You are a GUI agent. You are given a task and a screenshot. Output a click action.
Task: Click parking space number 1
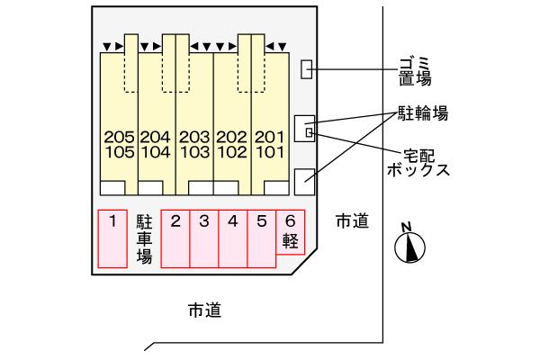112,238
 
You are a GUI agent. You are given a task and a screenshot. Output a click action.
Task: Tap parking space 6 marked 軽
291,232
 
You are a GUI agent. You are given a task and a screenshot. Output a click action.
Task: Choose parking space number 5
262,238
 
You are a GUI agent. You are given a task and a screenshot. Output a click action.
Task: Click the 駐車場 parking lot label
144,238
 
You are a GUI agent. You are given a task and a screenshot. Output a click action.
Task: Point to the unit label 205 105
119,145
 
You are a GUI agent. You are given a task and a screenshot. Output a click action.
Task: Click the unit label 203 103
194,145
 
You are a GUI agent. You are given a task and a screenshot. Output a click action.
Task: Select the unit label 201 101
270,145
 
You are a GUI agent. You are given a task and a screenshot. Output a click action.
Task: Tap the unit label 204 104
156,145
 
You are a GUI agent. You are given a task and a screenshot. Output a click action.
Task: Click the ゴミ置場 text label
415,72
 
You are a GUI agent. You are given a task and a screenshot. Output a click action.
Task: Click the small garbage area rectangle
307,69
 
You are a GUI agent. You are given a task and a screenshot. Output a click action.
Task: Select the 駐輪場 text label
423,113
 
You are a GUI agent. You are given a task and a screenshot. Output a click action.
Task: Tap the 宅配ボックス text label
418,163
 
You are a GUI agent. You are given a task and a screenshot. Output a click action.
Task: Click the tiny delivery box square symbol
310,132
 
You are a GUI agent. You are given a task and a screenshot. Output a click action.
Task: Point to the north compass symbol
409,244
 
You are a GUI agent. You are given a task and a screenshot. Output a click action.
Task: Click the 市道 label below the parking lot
205,310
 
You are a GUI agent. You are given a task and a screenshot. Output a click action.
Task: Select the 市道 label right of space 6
352,220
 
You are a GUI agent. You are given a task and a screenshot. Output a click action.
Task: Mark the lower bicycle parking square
305,182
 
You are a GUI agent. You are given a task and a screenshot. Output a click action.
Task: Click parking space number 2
175,238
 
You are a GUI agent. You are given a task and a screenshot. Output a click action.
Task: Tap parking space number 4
233,238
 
